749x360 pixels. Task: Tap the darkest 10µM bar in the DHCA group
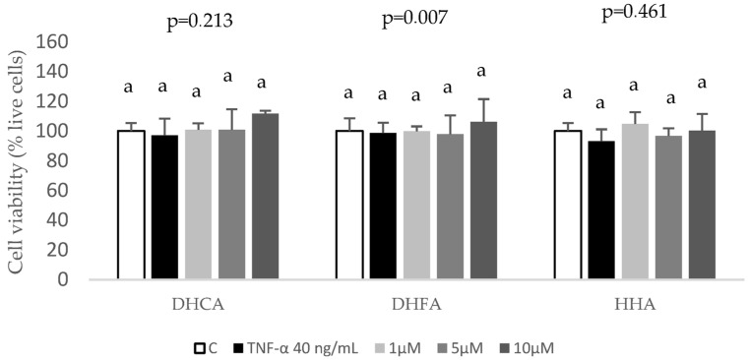coord(266,196)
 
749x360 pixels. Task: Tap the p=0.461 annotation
coord(635,14)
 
